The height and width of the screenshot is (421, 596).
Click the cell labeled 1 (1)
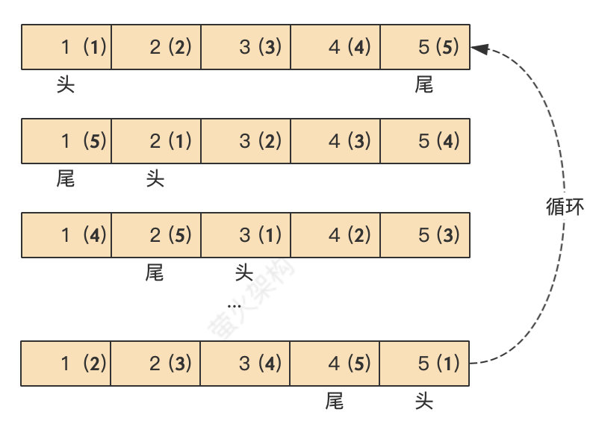[66, 47]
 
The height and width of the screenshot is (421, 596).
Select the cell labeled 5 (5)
[425, 47]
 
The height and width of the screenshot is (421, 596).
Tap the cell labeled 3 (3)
[246, 47]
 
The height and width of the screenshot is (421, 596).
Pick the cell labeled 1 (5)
[66, 141]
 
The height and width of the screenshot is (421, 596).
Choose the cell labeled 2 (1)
[156, 141]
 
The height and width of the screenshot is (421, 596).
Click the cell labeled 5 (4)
[425, 141]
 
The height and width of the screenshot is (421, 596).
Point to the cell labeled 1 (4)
[66, 236]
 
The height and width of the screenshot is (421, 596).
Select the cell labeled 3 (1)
[246, 236]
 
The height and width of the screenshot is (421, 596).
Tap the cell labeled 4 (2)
[335, 236]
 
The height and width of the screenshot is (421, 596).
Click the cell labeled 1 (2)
[66, 364]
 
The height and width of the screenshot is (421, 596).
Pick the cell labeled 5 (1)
[425, 364]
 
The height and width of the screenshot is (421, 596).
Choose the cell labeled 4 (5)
[335, 364]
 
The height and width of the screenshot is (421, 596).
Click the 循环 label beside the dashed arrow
[564, 207]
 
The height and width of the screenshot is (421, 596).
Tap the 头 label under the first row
[66, 85]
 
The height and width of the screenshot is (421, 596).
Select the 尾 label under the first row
[424, 85]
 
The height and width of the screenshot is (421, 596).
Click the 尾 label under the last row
[335, 402]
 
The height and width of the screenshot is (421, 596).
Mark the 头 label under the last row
[424, 402]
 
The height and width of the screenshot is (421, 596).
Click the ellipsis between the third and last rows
[235, 305]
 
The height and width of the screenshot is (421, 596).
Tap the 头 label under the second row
[155, 179]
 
